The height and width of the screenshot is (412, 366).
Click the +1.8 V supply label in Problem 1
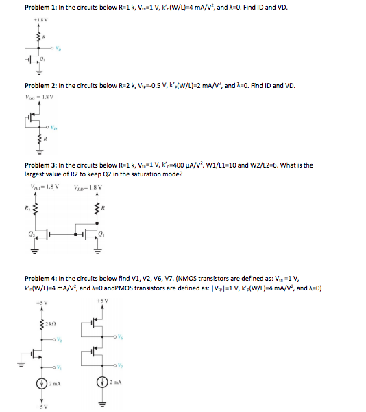40,21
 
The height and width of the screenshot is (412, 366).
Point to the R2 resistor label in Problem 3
28,206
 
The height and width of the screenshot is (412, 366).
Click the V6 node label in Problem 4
122,336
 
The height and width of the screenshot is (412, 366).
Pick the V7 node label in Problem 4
122,365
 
